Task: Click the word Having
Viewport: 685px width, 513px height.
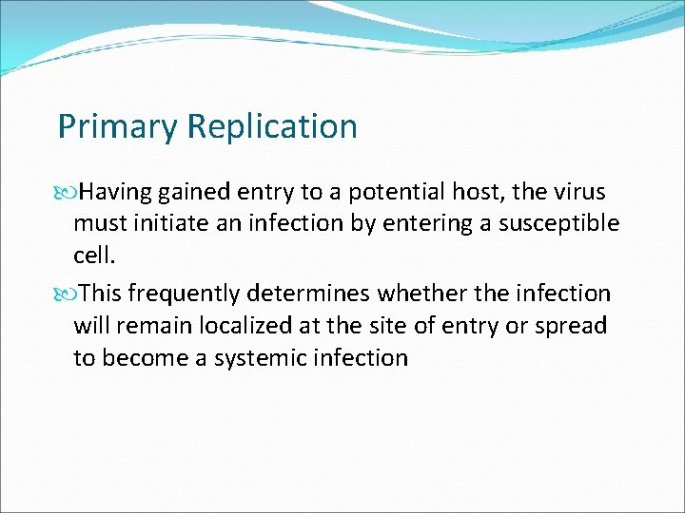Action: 115,193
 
